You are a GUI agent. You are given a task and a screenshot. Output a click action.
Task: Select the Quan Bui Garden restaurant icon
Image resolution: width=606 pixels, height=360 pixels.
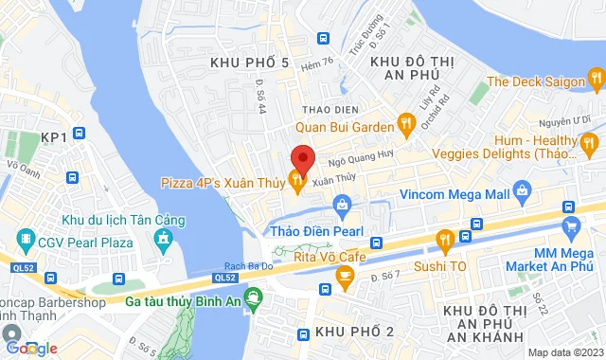(x=406, y=121)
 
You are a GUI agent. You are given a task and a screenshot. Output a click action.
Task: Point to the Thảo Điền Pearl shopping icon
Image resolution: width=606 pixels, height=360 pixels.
(x=342, y=203)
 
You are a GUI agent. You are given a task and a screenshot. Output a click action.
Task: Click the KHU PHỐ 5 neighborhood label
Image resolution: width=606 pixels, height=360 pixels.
(x=250, y=63)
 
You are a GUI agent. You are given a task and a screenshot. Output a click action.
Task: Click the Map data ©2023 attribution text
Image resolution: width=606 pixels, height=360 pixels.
(x=564, y=352)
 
